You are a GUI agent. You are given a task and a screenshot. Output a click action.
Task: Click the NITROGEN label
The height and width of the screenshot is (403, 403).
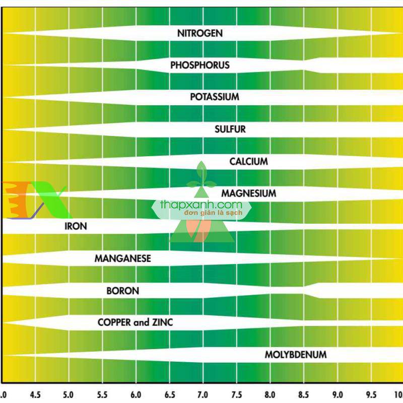[199, 33]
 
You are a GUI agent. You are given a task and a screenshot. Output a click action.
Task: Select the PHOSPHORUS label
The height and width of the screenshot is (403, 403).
[199, 65]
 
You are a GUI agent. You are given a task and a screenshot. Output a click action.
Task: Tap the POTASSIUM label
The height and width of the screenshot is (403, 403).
[214, 97]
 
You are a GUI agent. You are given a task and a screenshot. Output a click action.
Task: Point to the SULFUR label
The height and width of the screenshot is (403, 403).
[230, 129]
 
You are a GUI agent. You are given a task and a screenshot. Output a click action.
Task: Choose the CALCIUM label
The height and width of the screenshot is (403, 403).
[248, 162]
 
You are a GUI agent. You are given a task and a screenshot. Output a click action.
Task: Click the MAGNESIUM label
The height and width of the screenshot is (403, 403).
[248, 193]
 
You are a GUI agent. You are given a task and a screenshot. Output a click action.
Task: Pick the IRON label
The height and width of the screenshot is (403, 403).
[76, 226]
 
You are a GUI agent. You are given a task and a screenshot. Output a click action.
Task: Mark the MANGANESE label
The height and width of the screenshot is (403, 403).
[122, 258]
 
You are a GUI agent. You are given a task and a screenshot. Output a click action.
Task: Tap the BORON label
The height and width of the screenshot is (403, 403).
[122, 291]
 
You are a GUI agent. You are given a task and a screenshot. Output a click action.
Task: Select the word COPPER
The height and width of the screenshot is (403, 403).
[114, 322]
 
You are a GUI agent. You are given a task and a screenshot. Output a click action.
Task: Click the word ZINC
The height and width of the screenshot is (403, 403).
[162, 322]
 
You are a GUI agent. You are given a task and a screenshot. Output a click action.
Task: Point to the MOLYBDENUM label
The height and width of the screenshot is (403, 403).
[295, 355]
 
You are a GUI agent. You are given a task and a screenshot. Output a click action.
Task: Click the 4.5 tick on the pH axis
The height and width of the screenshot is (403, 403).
[36, 394]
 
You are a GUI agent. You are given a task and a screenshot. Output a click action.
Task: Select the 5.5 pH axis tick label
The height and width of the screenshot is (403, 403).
[103, 394]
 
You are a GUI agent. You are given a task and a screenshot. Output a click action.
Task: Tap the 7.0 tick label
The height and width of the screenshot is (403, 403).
[203, 394]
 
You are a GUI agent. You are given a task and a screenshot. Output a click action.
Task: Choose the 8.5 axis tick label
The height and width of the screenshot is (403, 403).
[303, 394]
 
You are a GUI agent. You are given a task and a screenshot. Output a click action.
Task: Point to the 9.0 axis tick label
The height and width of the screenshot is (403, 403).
[337, 394]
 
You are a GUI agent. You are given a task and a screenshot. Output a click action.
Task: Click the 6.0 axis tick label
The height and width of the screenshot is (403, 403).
[136, 394]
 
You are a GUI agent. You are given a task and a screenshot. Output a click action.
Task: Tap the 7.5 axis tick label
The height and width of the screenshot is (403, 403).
[236, 394]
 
